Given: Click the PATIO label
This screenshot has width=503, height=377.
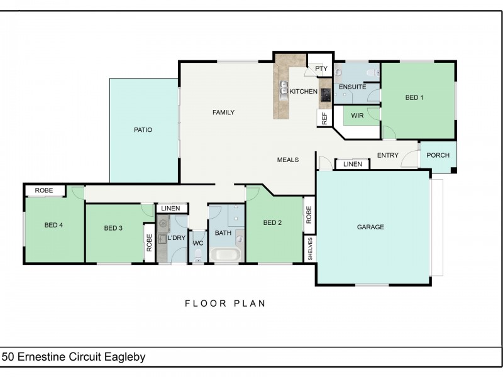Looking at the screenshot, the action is pyautogui.click(x=143, y=130).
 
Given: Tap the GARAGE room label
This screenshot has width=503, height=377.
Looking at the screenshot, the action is pyautogui.click(x=370, y=227).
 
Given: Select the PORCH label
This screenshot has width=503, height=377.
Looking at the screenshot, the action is pyautogui.click(x=438, y=155).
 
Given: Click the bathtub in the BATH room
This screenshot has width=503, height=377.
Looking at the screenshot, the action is pyautogui.click(x=225, y=255).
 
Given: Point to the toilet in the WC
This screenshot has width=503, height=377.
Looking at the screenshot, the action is pyautogui.click(x=198, y=256).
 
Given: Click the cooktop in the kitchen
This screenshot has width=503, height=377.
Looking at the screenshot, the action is pyautogui.click(x=326, y=96).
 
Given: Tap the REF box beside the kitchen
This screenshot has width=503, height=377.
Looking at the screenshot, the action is pyautogui.click(x=324, y=118).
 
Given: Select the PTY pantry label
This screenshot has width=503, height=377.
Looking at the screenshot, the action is pyautogui.click(x=321, y=68).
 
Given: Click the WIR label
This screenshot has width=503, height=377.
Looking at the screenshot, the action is pyautogui.click(x=357, y=116).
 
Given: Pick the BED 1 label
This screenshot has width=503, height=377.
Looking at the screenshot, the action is pyautogui.click(x=414, y=97).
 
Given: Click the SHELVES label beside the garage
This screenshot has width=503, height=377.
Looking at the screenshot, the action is pyautogui.click(x=310, y=249).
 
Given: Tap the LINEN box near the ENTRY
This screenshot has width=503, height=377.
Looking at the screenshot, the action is pyautogui.click(x=353, y=164).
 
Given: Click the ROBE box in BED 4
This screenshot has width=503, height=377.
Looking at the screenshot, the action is pyautogui.click(x=45, y=190).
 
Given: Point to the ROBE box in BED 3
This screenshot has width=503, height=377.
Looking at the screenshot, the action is pyautogui.click(x=149, y=243).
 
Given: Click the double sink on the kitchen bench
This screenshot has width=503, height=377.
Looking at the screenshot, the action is pyautogui.click(x=284, y=90).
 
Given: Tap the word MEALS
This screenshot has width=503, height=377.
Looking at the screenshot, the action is pyautogui.click(x=288, y=160).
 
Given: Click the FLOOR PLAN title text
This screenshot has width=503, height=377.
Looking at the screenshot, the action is pyautogui.click(x=225, y=303).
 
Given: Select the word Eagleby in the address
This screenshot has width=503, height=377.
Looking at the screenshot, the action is pyautogui.click(x=124, y=357).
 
